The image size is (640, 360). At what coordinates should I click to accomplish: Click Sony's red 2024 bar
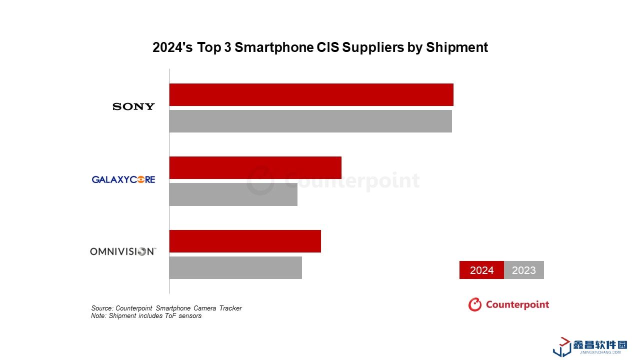pos(311,94)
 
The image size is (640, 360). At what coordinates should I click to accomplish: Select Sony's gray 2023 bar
pos(310,121)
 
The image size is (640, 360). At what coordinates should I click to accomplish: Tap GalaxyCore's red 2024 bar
pos(255,167)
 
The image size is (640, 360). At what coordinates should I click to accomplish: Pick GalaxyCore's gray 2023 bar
pos(233,194)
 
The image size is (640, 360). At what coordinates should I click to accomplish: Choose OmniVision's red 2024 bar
pos(245,241)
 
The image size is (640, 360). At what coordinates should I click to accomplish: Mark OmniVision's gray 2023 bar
pos(235,267)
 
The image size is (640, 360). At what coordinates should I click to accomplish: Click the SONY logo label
pos(133,106)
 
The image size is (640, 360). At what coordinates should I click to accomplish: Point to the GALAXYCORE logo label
pos(123,179)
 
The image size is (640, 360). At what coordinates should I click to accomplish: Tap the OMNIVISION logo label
pos(123,251)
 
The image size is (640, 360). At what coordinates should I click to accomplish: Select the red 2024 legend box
pos(481,270)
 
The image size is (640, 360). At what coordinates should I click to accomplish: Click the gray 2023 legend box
pos(524,270)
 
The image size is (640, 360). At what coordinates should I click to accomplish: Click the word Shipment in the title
pos(457,47)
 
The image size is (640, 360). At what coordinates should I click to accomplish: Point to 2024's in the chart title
pos(173,47)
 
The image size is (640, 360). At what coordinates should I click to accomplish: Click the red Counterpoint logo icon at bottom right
pos(474,304)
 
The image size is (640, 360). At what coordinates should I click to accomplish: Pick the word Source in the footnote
pos(101,308)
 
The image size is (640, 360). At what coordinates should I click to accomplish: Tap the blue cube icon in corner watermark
pos(562,347)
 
